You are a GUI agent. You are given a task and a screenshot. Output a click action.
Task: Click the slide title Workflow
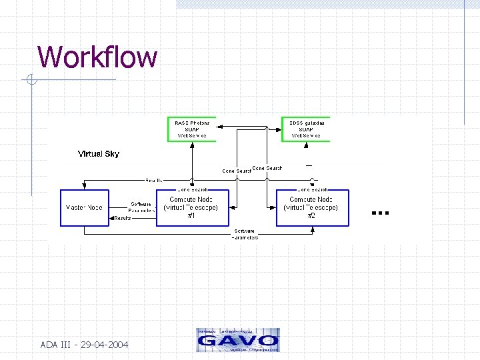click(x=97, y=57)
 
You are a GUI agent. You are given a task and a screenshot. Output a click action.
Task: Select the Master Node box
click(x=84, y=208)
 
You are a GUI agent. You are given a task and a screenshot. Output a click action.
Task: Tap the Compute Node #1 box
click(x=192, y=208)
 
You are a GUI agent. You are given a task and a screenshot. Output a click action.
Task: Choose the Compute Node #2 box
click(x=312, y=208)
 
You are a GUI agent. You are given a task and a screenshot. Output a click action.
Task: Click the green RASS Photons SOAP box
click(x=191, y=129)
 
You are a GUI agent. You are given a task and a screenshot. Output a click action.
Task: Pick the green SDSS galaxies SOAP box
click(x=306, y=129)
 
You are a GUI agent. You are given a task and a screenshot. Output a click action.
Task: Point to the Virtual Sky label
click(x=99, y=154)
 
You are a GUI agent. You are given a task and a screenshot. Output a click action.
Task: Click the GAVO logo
click(x=238, y=340)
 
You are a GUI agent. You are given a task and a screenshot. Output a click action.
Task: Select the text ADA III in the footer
click(x=56, y=345)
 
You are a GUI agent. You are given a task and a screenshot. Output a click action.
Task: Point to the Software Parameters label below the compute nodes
click(x=245, y=234)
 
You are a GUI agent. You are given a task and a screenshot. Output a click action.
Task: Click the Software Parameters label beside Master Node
click(x=142, y=207)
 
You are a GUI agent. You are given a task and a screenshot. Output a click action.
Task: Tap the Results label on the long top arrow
click(x=154, y=180)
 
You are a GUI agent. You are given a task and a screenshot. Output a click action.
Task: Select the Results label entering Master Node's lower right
click(x=123, y=218)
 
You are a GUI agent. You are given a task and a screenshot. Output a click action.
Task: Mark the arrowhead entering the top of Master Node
click(x=84, y=187)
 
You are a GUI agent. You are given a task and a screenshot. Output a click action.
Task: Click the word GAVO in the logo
click(x=238, y=341)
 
